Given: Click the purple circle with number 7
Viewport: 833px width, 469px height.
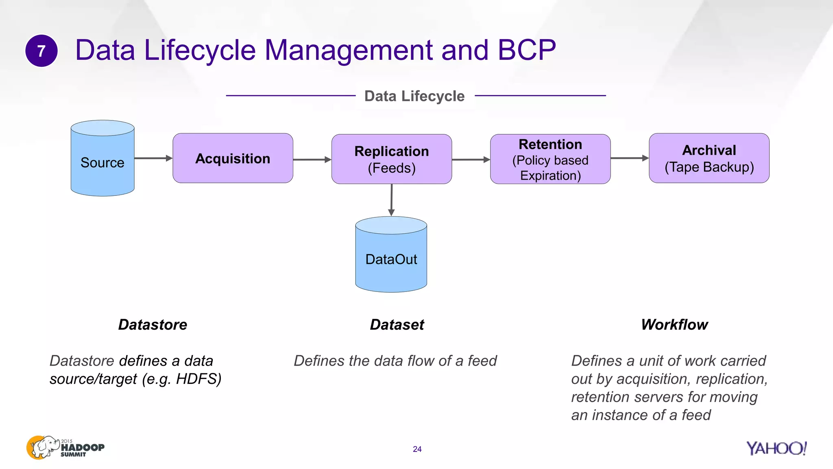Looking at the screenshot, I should point(41,51).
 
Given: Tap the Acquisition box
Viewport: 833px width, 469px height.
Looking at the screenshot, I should point(233,158).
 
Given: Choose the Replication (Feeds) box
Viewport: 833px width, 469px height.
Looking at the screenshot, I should point(391,159).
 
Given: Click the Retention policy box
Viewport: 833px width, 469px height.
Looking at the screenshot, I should point(550,159).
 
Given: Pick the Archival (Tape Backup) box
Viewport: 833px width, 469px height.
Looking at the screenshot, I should point(709,158).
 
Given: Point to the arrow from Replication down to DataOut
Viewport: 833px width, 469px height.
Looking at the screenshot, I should point(391,199).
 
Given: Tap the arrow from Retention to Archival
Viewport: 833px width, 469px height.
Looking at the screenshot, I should point(629,158).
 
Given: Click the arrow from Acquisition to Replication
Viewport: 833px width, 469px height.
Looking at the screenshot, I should point(312,160).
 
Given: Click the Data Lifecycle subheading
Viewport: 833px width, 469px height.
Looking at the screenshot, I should point(414,96).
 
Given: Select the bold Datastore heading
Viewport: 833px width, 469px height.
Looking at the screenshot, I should point(153,324).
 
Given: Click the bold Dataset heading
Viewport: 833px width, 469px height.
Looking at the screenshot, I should point(397,324).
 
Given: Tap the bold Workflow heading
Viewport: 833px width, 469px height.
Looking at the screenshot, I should point(674,324).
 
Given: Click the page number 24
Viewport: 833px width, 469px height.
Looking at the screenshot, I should point(417,449).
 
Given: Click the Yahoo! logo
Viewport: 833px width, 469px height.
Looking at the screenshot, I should point(776,448).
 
